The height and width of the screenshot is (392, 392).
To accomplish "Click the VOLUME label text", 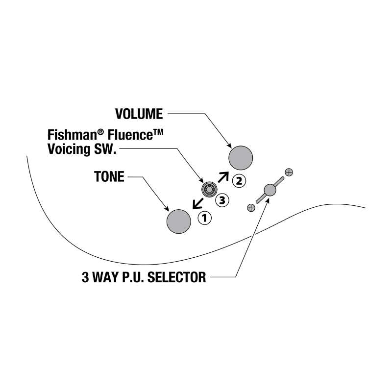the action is (139, 114).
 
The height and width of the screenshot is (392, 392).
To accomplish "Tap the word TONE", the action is (109, 177).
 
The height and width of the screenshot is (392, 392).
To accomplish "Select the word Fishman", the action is (72, 135).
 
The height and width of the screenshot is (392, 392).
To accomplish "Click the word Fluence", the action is (130, 135).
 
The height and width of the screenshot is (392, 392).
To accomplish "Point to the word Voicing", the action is (69, 149).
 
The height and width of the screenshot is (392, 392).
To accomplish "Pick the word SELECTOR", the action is (177, 277).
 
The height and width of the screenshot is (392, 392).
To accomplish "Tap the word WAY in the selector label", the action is (105, 277).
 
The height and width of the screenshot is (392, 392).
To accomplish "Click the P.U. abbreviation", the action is (132, 277).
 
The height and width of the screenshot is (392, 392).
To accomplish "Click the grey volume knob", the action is (241, 158).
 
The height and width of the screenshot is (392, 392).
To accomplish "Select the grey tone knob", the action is (179, 221).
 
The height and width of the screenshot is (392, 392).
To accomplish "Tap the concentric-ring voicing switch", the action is (209, 190).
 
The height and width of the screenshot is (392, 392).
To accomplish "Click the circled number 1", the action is (204, 218).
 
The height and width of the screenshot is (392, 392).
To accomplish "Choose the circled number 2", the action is (239, 181).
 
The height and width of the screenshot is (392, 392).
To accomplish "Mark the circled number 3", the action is (222, 200).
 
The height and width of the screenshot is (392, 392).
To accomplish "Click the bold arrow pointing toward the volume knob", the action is (223, 177).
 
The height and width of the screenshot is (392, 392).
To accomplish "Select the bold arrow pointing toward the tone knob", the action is (198, 203).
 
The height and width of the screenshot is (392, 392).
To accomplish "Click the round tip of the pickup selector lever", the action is (270, 190).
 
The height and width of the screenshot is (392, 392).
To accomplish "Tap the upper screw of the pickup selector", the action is (289, 172).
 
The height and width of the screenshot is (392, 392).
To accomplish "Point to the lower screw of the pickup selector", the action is (251, 208).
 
